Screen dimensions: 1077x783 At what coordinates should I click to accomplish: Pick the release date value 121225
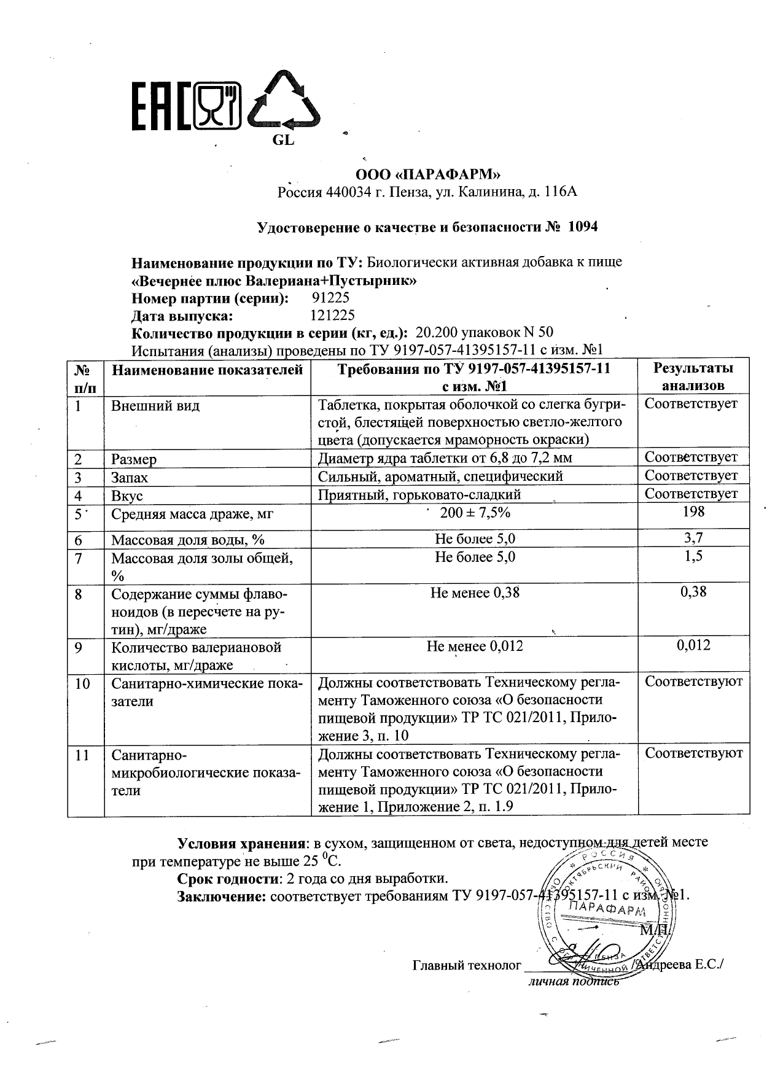tap(333, 316)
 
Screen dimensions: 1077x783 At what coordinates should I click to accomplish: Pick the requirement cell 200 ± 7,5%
tap(475, 513)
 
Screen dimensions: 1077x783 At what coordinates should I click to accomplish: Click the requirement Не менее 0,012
tap(475, 647)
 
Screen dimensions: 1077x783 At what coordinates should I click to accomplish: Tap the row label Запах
tap(130, 478)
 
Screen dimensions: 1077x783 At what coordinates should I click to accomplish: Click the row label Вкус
tap(127, 496)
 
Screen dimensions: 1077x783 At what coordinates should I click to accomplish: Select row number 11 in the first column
tap(82, 755)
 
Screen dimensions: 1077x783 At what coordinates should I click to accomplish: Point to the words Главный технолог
tap(467, 965)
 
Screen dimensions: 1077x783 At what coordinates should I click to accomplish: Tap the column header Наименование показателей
tap(207, 370)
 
